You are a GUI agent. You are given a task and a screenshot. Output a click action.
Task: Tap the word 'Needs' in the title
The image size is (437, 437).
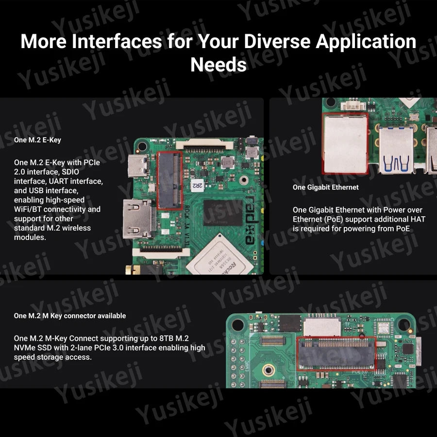pyautogui.click(x=218, y=65)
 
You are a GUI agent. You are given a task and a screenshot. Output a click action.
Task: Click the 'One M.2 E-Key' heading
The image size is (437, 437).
pyautogui.click(x=38, y=140)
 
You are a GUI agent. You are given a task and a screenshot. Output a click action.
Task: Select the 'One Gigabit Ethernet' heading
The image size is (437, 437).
pyautogui.click(x=325, y=187)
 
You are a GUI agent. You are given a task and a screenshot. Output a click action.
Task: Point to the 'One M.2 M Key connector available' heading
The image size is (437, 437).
pyautogui.click(x=69, y=316)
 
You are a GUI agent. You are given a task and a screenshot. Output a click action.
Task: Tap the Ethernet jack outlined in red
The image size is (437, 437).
pyautogui.click(x=345, y=144)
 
